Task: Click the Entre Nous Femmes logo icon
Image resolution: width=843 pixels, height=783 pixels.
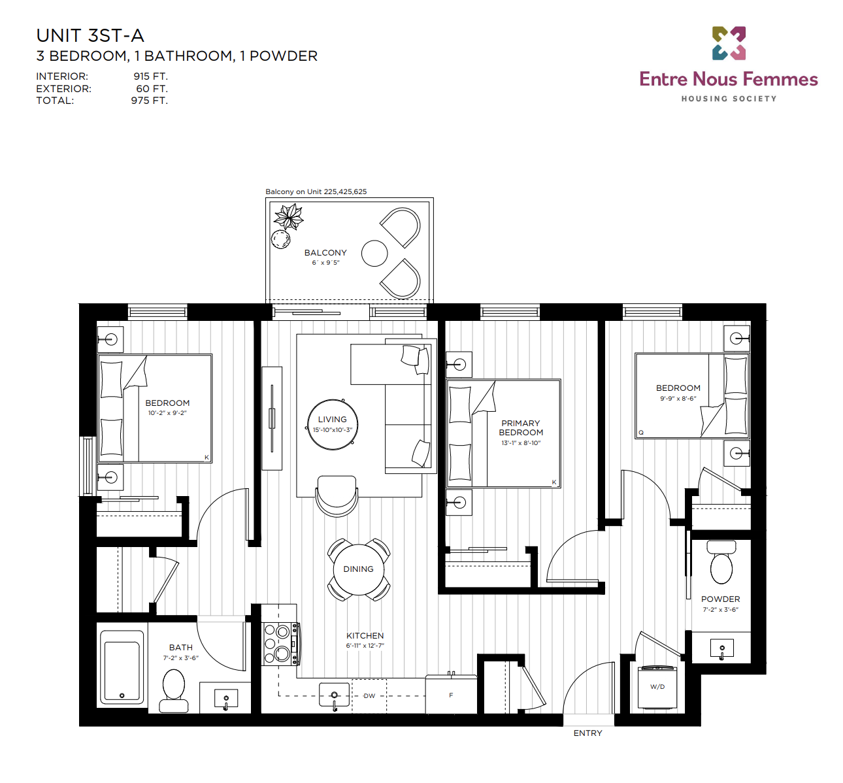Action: pyautogui.click(x=729, y=43)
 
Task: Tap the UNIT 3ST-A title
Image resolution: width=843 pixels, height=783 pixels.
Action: pyautogui.click(x=90, y=36)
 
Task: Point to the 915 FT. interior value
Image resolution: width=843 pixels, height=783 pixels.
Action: pyautogui.click(x=151, y=76)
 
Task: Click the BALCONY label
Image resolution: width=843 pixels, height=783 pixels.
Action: pyautogui.click(x=325, y=253)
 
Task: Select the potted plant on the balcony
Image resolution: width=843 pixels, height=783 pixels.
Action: pyautogui.click(x=289, y=217)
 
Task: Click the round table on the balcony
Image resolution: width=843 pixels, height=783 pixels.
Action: pyautogui.click(x=374, y=254)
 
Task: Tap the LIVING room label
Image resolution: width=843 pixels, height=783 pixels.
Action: pyautogui.click(x=333, y=420)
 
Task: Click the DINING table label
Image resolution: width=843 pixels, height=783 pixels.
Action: pyautogui.click(x=358, y=569)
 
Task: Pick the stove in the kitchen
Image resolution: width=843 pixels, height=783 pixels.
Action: pyautogui.click(x=281, y=644)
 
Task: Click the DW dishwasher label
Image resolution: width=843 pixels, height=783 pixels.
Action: pyautogui.click(x=369, y=696)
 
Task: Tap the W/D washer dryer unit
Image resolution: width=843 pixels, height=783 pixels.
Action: pyautogui.click(x=657, y=687)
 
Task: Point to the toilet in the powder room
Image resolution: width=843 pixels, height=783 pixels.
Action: pyautogui.click(x=721, y=562)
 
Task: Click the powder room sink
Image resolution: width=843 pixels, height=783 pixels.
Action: pyautogui.click(x=721, y=649)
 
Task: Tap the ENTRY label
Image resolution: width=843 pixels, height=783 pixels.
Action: pyautogui.click(x=587, y=733)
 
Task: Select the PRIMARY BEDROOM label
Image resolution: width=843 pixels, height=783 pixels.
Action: pyautogui.click(x=521, y=427)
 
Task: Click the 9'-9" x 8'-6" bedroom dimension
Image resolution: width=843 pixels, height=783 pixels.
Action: pyautogui.click(x=678, y=398)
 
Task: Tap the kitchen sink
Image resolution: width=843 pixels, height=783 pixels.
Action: pyautogui.click(x=335, y=696)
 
